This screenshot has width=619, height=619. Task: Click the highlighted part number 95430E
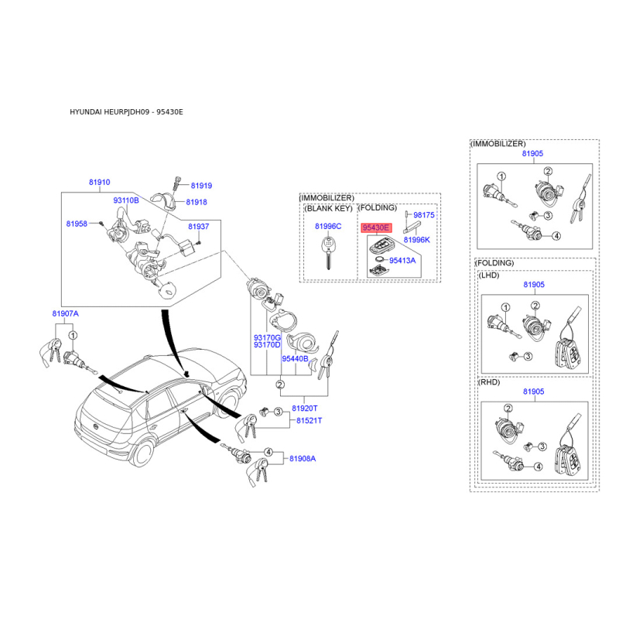click(x=376, y=227)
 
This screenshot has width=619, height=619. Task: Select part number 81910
click(x=100, y=183)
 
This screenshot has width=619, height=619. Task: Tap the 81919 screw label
click(x=201, y=186)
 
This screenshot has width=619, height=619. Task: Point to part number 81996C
click(x=328, y=226)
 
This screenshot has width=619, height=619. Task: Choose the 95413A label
click(x=402, y=261)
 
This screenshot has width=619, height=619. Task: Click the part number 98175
click(x=423, y=215)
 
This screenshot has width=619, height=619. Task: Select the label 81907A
click(x=66, y=314)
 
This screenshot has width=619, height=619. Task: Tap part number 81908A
click(x=303, y=459)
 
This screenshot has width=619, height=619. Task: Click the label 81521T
click(x=309, y=421)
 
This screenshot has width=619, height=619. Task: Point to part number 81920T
click(x=304, y=409)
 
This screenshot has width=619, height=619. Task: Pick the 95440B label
click(x=295, y=359)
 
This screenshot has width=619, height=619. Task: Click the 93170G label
click(x=267, y=338)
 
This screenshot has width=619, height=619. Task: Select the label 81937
click(x=199, y=227)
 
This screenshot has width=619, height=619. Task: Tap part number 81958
click(x=77, y=224)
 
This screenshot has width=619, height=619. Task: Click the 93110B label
click(x=126, y=200)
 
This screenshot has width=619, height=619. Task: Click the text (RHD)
click(x=489, y=382)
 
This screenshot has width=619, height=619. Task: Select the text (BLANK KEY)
click(x=328, y=208)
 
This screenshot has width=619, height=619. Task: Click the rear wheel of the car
click(x=142, y=453)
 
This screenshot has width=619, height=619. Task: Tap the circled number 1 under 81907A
click(x=73, y=336)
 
